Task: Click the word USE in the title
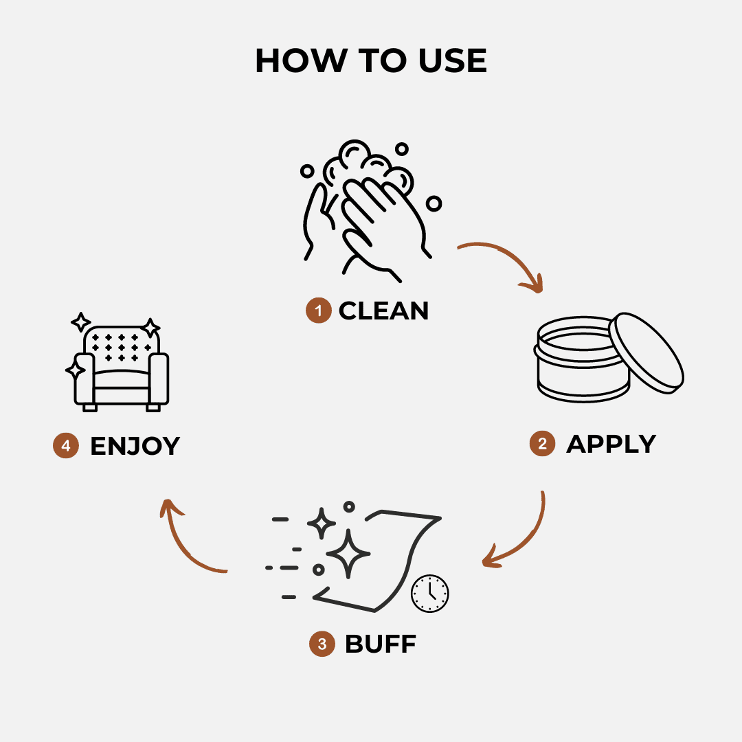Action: point(452,60)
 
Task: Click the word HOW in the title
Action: point(301,60)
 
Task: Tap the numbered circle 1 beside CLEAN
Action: point(319,311)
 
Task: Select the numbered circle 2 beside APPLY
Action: point(542,443)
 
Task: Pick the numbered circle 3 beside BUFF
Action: point(322,644)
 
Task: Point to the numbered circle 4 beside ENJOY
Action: point(66,445)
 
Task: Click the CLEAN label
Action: point(383,311)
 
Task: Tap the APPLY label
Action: point(611,444)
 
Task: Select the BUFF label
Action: point(381,644)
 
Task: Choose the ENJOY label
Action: point(135,446)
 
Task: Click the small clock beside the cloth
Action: point(429,594)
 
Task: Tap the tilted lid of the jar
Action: point(647,352)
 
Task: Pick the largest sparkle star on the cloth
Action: point(348,554)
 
